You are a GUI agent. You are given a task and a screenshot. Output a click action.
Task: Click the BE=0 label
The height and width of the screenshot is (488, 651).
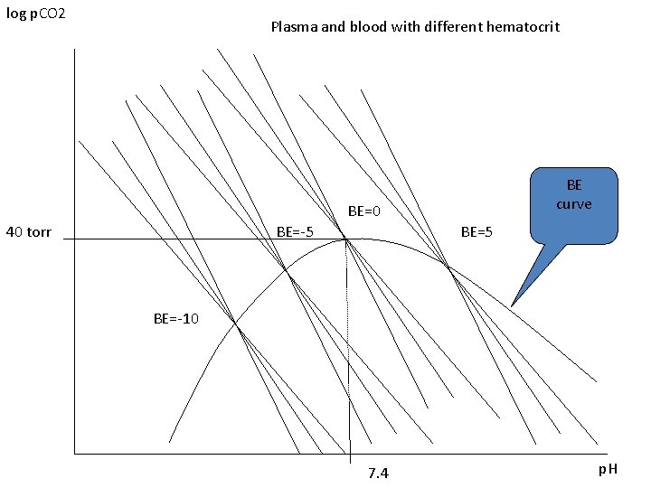click(365, 212)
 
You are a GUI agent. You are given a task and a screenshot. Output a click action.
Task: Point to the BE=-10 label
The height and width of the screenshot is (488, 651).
click(176, 318)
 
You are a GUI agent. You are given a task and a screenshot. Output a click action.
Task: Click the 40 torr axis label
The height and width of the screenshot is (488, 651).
click(29, 232)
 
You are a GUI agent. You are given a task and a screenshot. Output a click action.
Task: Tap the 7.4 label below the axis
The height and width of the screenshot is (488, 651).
click(378, 474)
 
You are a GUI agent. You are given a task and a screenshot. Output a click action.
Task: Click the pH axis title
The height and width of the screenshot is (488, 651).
click(607, 471)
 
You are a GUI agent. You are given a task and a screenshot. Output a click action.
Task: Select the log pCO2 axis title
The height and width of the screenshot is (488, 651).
click(35, 15)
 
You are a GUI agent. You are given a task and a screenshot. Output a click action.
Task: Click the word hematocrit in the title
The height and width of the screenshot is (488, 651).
click(523, 27)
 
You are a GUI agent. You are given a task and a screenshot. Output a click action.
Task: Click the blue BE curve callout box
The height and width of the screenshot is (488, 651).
click(573, 203)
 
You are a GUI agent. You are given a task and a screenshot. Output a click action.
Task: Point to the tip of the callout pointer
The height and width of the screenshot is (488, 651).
click(512, 305)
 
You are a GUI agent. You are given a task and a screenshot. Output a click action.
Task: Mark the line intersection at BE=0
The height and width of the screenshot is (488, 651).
click(346, 239)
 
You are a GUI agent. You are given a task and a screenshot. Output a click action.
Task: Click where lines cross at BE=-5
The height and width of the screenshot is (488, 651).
click(287, 270)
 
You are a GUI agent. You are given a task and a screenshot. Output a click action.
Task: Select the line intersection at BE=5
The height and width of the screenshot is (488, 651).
click(447, 265)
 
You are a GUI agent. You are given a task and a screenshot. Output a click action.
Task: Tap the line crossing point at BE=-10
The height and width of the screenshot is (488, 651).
click(236, 325)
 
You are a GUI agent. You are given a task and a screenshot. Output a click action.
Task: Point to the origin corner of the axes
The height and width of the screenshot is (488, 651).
click(74, 453)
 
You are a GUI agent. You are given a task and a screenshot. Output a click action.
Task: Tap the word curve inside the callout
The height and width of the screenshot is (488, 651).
click(573, 204)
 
